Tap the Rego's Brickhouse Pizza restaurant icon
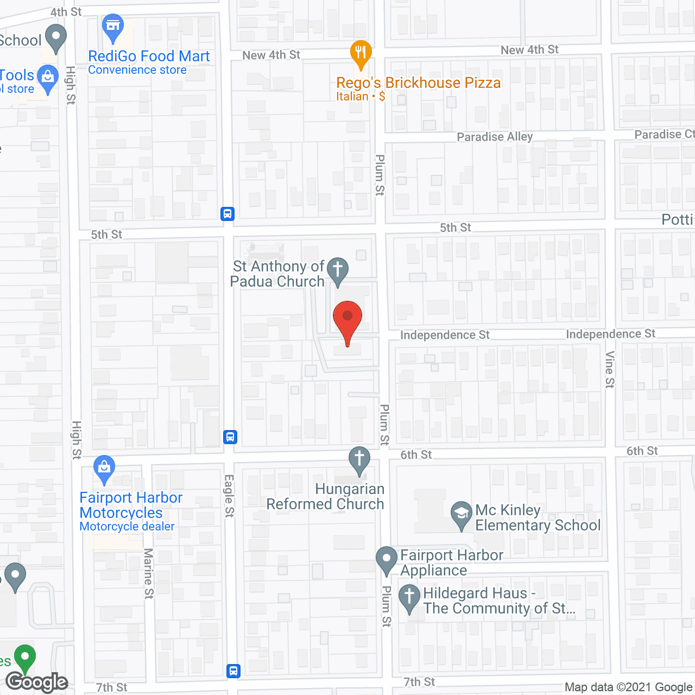click(361, 53)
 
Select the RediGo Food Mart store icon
click(113, 27)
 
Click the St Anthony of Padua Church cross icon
click(338, 270)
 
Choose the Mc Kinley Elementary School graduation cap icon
click(462, 514)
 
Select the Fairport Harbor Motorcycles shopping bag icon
click(104, 468)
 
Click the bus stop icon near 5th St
click(228, 213)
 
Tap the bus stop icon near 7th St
click(233, 671)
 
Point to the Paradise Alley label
click(495, 137)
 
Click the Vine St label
click(610, 369)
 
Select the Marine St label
click(148, 573)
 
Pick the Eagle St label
click(229, 495)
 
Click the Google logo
click(37, 682)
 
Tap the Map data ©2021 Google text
click(628, 687)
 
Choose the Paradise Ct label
click(664, 134)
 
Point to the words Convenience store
click(137, 70)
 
